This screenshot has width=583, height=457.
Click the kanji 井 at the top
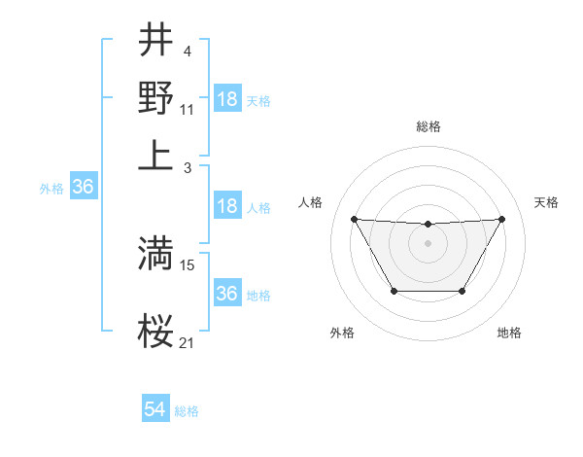155,42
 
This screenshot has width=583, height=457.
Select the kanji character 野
155,97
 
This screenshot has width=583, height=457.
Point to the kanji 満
155,253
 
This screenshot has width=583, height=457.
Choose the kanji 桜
155,333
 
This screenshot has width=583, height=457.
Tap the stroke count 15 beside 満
188,264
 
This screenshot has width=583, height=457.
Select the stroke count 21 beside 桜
188,343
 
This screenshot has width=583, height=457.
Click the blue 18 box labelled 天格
227,99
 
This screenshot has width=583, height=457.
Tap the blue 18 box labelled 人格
227,206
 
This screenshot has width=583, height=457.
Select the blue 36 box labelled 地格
227,293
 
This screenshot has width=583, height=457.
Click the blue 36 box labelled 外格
83,188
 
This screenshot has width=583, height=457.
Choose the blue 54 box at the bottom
154,410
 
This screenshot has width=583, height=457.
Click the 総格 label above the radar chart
429,126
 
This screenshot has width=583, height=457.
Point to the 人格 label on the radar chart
311,202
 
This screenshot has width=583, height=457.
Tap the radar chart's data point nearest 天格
501,219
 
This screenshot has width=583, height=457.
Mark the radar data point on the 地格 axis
462,291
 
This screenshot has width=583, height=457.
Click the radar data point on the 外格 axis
394,291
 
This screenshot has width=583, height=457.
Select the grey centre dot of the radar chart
428,242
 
